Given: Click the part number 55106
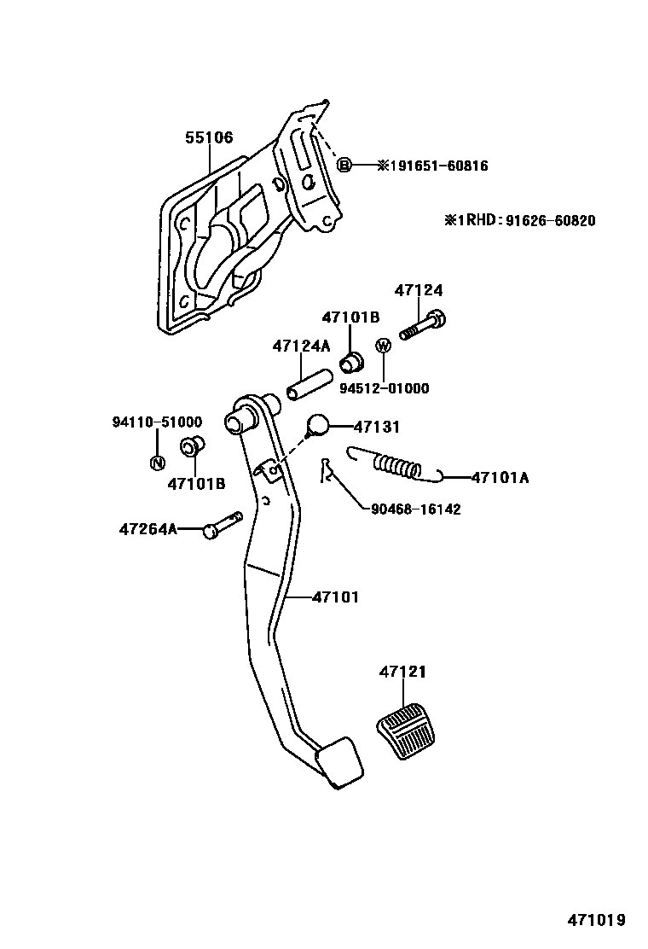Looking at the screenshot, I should [x=210, y=137].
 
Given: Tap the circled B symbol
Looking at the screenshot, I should [x=344, y=166].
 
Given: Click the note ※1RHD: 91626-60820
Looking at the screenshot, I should [x=518, y=220].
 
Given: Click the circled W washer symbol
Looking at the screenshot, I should [x=383, y=346].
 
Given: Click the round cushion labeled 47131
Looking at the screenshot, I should [x=317, y=424].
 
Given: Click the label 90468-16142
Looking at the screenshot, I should [x=416, y=509].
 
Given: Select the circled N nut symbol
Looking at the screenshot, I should [x=157, y=463].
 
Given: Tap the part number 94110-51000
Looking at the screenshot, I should [x=157, y=422].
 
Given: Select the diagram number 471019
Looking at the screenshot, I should [x=597, y=920].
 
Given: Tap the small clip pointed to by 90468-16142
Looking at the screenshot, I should [x=324, y=469].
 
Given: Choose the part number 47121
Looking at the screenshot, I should [x=403, y=672].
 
